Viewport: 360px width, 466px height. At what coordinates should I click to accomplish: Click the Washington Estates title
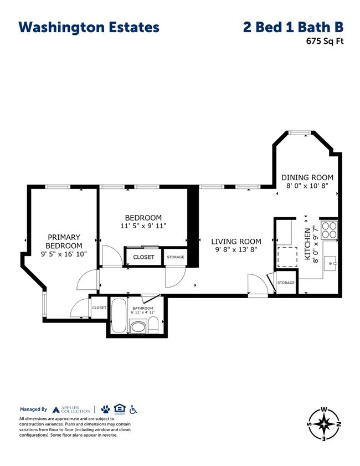pyautogui.click(x=89, y=27)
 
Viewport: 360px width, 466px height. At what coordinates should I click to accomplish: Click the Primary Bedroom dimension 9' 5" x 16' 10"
pyautogui.click(x=64, y=255)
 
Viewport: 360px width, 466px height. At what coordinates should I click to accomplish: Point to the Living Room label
pyautogui.click(x=235, y=242)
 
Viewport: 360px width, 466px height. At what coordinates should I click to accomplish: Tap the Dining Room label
pyautogui.click(x=307, y=177)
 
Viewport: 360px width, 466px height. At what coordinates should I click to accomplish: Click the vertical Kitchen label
pyautogui.click(x=307, y=244)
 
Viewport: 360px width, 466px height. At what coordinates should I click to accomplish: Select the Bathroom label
pyautogui.click(x=142, y=308)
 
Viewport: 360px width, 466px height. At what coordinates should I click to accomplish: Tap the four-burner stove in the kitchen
pyautogui.click(x=329, y=229)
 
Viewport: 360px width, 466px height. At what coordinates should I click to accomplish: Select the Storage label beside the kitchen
pyautogui.click(x=286, y=283)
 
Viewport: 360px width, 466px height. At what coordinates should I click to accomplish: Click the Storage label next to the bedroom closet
pyautogui.click(x=176, y=257)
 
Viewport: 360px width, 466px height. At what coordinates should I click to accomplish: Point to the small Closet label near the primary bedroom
pyautogui.click(x=99, y=308)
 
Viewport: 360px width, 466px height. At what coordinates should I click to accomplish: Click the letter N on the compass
pyautogui.click(x=337, y=425)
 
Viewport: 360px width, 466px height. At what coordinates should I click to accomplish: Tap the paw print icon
pyautogui.click(x=105, y=409)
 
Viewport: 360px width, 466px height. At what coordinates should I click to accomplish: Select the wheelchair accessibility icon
pyautogui.click(x=133, y=409)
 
